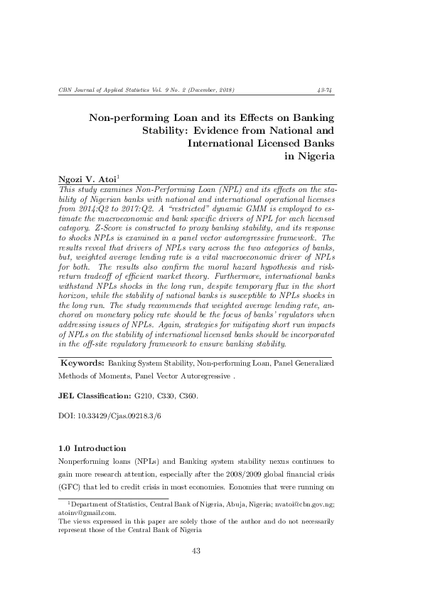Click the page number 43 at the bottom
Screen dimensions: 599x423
(x=198, y=551)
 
